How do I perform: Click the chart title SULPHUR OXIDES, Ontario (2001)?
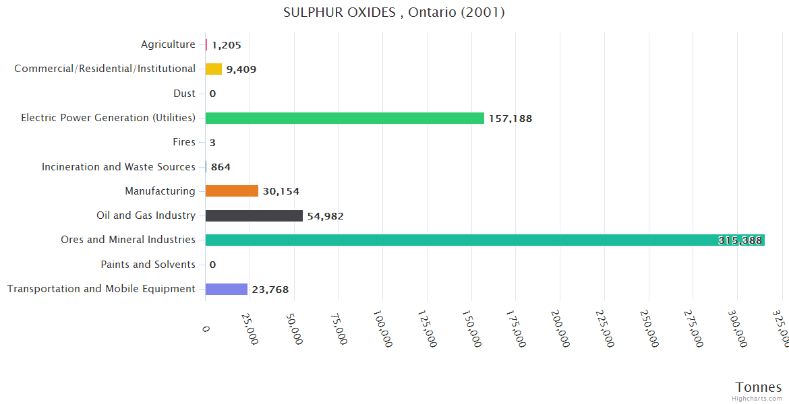394,12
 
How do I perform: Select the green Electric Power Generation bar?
345,118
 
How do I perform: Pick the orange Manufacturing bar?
231,191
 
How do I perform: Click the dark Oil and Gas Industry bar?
254,215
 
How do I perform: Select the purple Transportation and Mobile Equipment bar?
226,289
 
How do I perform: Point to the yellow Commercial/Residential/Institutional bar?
214,69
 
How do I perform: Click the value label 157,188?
510,119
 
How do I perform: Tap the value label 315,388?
740,240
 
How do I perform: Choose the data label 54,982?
325,216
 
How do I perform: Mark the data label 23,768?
270,290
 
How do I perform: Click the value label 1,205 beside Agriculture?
226,45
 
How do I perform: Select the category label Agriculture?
168,44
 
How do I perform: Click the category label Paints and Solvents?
148,265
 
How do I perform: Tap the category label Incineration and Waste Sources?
119,167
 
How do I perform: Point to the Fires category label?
184,142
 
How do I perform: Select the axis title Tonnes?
758,387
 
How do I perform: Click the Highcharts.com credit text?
757,399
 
